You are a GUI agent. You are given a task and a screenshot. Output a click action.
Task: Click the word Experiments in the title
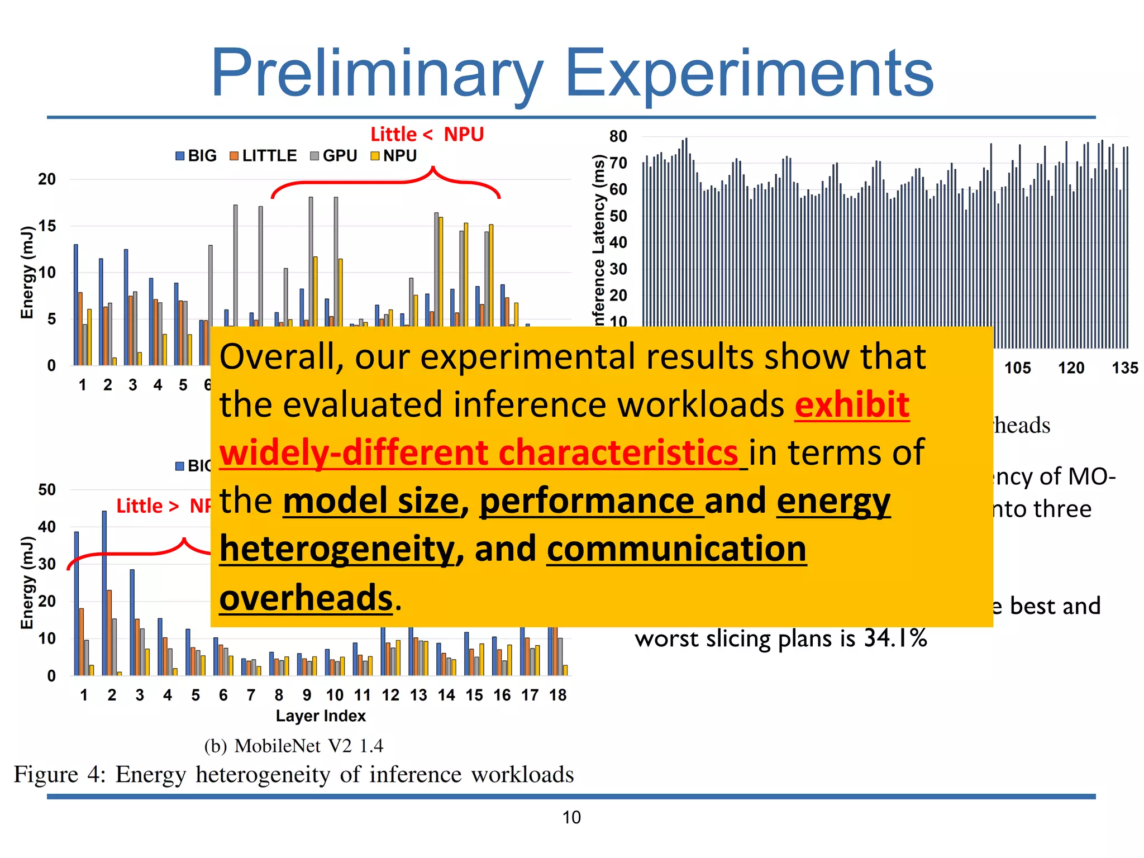749,74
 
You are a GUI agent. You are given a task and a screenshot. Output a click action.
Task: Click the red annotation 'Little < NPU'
427,134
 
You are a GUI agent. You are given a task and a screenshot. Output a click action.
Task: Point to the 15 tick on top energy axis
47,226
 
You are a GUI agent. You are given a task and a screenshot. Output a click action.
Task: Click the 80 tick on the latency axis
618,136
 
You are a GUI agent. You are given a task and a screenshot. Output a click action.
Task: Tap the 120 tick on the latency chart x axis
1071,368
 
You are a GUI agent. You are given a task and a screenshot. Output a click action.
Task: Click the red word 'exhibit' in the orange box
852,404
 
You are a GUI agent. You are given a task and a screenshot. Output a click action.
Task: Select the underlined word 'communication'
676,549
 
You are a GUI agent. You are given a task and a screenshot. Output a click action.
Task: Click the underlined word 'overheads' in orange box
306,598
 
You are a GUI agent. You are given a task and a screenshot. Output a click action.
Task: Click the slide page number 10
571,817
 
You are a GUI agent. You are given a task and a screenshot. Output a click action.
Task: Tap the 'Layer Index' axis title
321,716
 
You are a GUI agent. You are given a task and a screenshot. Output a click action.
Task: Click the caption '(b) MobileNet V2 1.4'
294,746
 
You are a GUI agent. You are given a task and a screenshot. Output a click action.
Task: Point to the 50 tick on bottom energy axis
47,490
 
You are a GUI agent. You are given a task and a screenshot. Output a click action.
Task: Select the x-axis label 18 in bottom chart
557,695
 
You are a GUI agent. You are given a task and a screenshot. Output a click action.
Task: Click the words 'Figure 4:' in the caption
60,775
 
